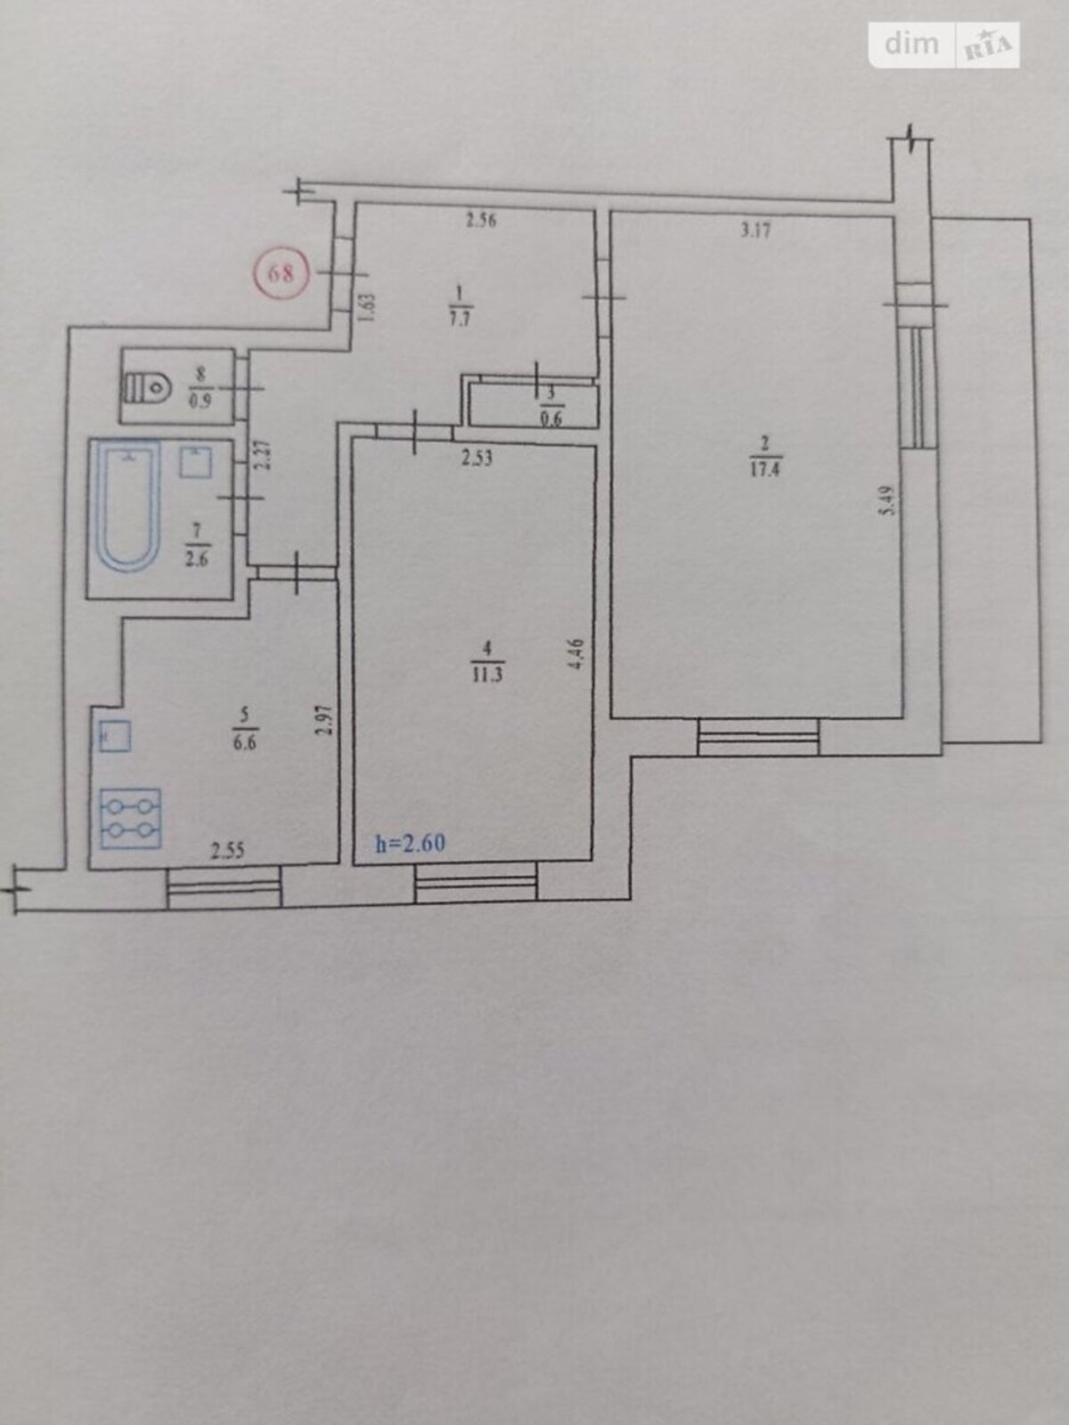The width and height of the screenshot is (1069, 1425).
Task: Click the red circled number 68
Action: click(281, 273)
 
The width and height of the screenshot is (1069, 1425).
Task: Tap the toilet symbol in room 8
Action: click(147, 387)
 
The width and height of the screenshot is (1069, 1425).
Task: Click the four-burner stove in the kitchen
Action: click(130, 818)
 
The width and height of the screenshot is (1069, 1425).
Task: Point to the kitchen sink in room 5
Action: click(116, 737)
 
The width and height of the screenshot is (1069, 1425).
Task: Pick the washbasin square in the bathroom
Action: click(195, 462)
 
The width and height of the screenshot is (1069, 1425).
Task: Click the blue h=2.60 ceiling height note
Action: click(410, 843)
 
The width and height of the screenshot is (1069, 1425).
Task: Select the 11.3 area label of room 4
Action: click(488, 674)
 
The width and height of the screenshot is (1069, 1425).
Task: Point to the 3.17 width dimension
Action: click(755, 231)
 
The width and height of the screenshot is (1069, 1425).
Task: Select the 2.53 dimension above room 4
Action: click(477, 459)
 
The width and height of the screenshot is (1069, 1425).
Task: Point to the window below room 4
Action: click(476, 881)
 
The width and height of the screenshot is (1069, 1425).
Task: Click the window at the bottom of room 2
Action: click(758, 737)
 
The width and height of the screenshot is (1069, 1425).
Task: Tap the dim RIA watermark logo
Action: click(944, 45)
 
